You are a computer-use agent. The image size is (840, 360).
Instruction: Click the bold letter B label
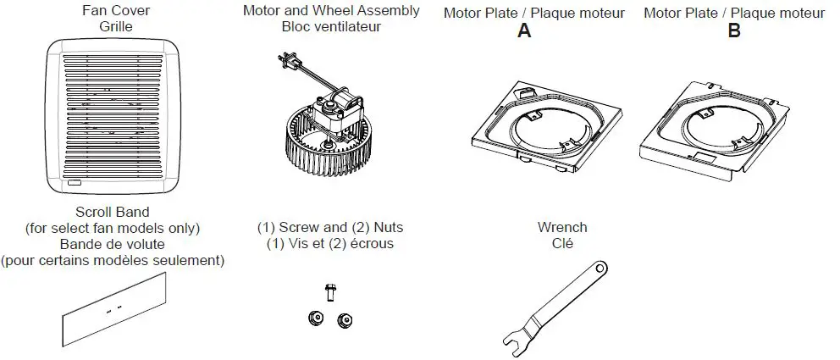[734, 31]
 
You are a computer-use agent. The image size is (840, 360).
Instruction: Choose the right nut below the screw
[344, 319]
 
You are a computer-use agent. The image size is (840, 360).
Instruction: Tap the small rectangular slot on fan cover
[74, 182]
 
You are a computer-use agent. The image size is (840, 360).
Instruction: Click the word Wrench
[562, 227]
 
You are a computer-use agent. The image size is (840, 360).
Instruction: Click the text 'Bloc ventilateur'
[331, 26]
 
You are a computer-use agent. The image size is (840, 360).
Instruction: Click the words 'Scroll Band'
[113, 213]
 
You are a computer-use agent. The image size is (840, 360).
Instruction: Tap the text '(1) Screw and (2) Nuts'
[330, 228]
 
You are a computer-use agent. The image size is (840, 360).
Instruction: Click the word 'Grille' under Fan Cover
[115, 26]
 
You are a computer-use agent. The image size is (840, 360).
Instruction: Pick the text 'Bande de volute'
[113, 244]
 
